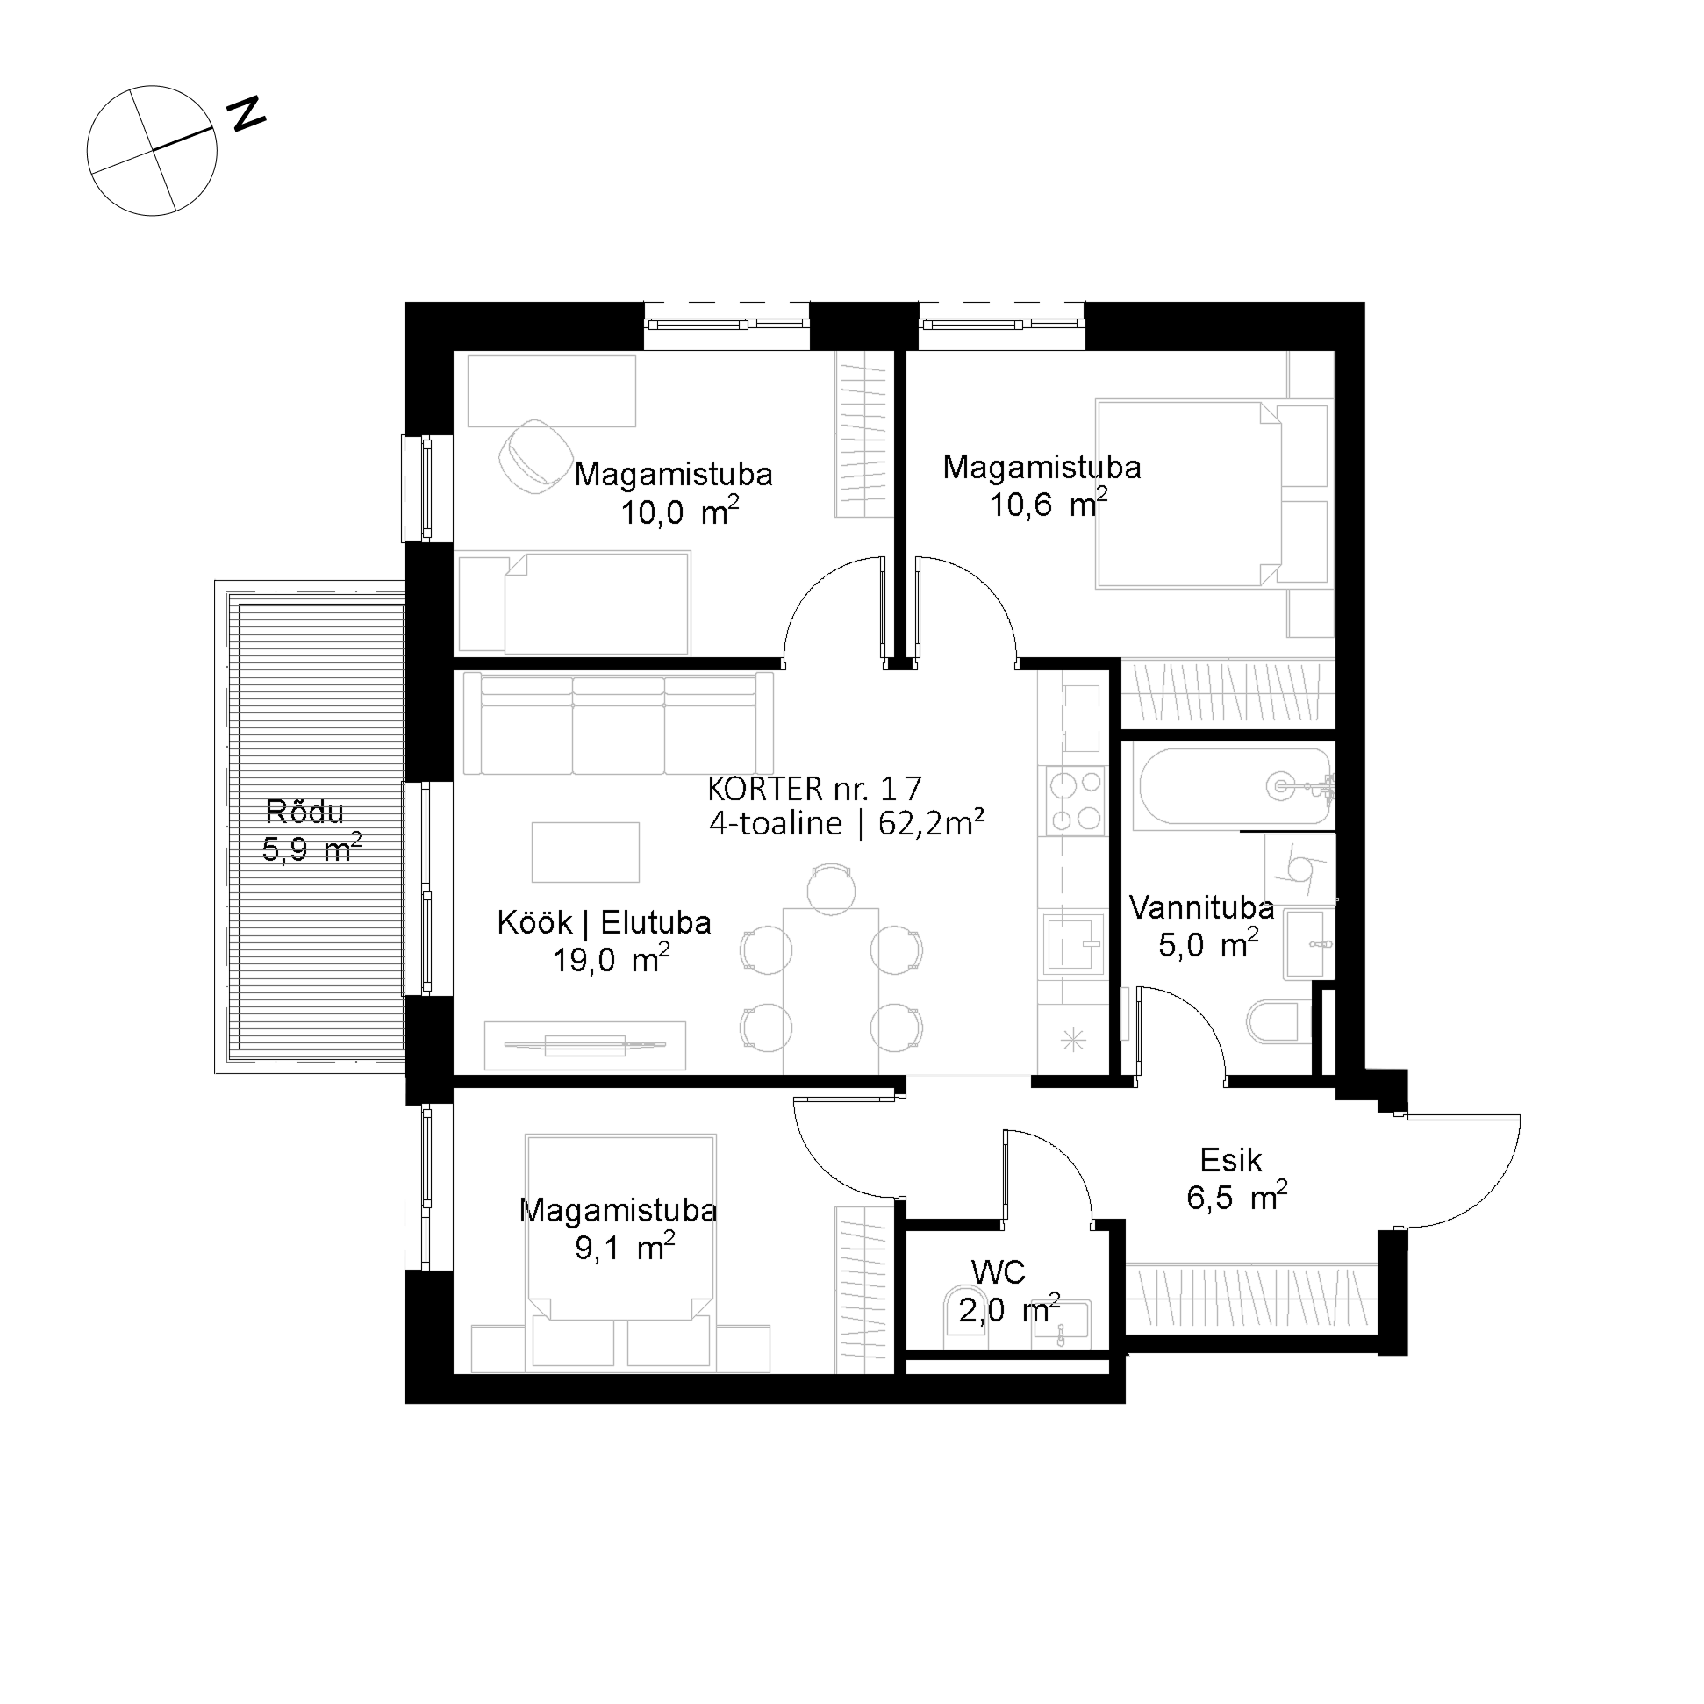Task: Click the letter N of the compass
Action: coord(246,114)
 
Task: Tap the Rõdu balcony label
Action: coord(305,812)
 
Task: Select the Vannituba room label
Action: coord(1201,907)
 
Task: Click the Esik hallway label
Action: coord(1231,1160)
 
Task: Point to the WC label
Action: coord(999,1272)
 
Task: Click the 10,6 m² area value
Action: coord(1049,505)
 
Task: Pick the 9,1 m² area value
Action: coord(626,1248)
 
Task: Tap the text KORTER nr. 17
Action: coord(815,788)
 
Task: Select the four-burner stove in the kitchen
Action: coord(1073,801)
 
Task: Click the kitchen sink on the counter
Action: coord(1073,945)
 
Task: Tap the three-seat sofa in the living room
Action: coord(619,723)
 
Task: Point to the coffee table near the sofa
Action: coord(585,852)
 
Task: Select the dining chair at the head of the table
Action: coord(831,888)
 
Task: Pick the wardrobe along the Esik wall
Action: coord(1250,1299)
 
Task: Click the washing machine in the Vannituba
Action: coord(1299,867)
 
